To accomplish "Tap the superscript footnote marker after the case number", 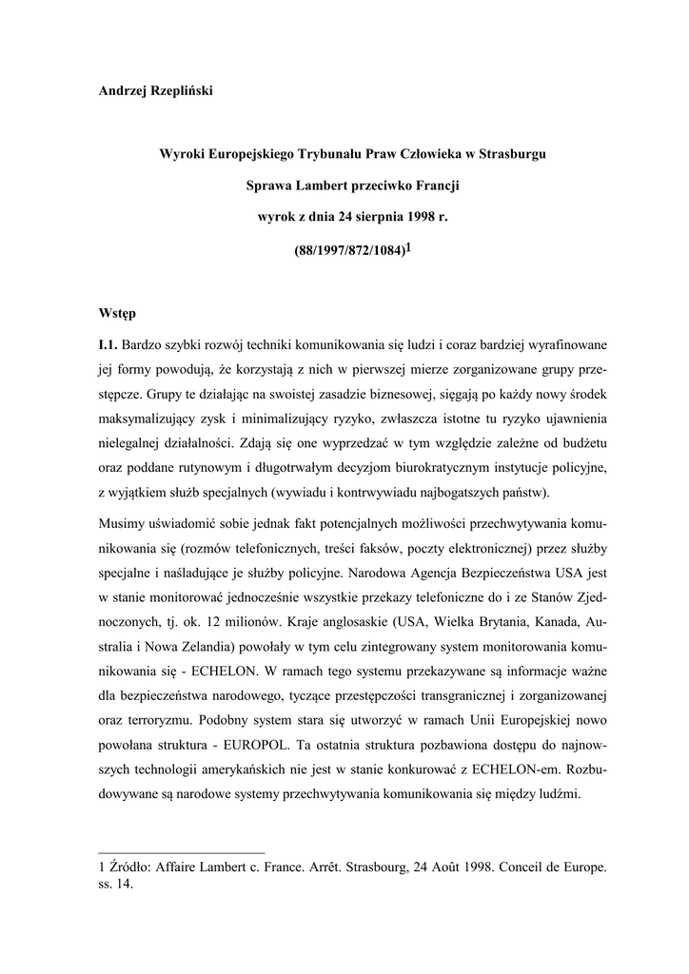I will (x=409, y=246).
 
